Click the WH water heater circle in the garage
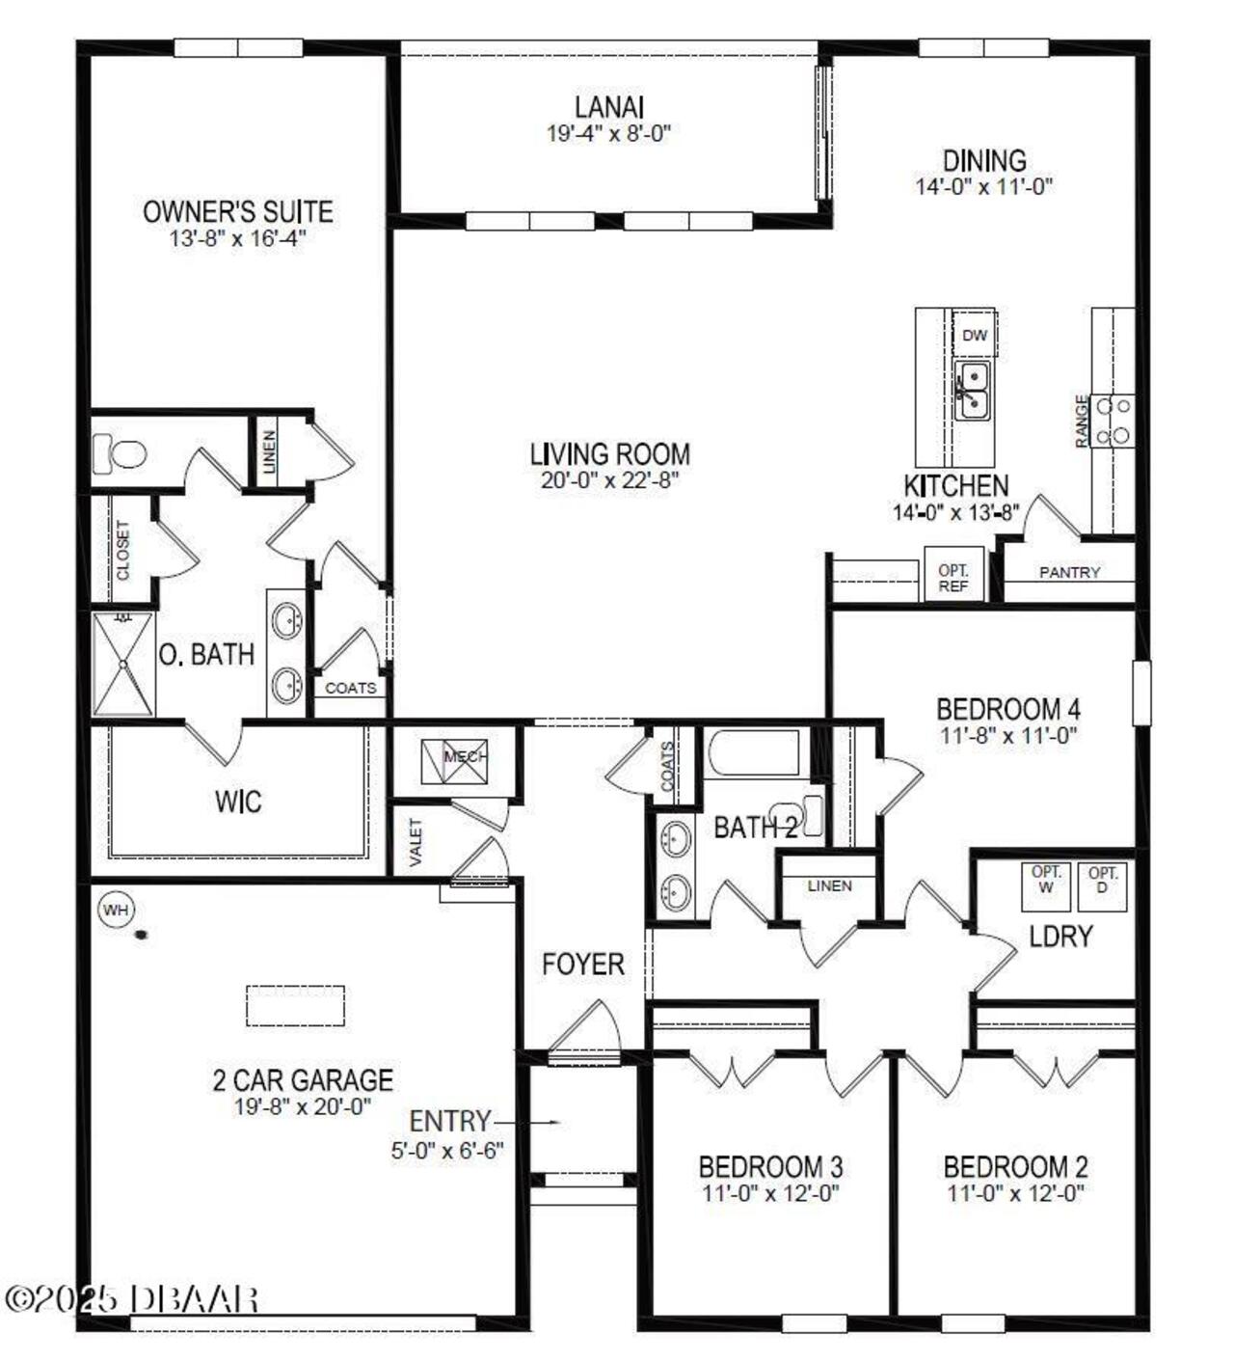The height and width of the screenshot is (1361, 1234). pos(116,910)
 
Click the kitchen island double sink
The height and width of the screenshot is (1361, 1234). pos(972,390)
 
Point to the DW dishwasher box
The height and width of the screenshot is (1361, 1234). pos(975,335)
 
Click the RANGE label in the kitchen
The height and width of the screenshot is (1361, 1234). pos(1083,421)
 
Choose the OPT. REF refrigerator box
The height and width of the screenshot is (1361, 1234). pos(953,578)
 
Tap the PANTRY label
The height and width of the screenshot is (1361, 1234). pos(1069,572)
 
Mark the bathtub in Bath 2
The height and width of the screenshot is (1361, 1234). pos(753,753)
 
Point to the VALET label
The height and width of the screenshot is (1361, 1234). pos(416,842)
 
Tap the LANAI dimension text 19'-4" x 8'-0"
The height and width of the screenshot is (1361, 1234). pos(608,134)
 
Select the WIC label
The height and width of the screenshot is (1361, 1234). pos(238,802)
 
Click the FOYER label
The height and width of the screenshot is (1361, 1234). pos(582,964)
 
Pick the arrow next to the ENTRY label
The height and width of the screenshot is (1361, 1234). pos(528,1122)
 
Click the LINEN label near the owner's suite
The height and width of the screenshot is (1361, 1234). pos(269,451)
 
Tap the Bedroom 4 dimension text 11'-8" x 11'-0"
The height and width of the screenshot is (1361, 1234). pos(1008,735)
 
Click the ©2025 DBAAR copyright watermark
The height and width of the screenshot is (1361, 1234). pos(131,1298)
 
